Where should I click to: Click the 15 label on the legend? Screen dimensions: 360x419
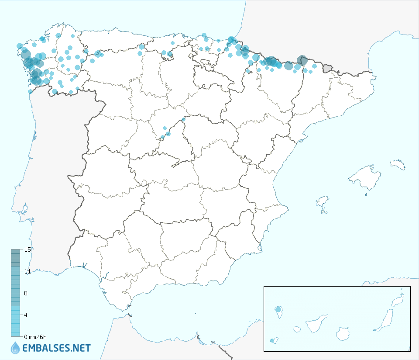pyautogui.click(x=27, y=249)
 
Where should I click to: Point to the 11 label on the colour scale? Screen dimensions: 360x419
pyautogui.click(x=27, y=271)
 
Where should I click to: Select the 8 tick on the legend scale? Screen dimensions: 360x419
pyautogui.click(x=26, y=293)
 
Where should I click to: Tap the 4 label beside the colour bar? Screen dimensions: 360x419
pyautogui.click(x=26, y=315)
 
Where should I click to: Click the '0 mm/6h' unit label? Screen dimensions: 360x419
pyautogui.click(x=35, y=337)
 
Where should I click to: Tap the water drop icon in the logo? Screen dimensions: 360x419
pyautogui.click(x=15, y=348)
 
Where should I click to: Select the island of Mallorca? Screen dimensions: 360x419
pyautogui.click(x=363, y=177)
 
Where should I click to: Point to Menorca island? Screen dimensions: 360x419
pyautogui.click(x=398, y=165)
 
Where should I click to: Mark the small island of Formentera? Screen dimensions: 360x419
pyautogui.click(x=324, y=212)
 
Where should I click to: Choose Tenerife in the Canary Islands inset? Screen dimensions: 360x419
pyautogui.click(x=316, y=324)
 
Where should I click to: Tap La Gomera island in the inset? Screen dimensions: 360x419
pyautogui.click(x=297, y=329)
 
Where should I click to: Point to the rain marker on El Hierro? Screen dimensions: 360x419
pyautogui.click(x=273, y=340)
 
